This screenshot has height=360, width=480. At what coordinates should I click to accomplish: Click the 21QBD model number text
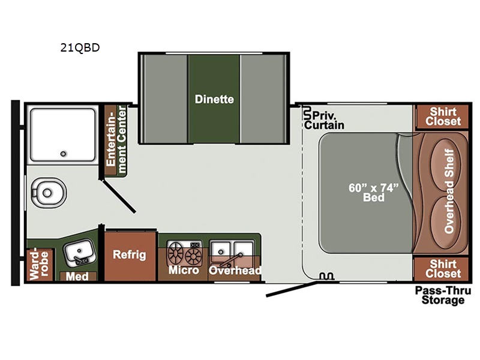coord(80,47)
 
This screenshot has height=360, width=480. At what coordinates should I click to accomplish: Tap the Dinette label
coord(214,99)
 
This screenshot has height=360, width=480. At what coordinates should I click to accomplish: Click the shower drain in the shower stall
coord(63,154)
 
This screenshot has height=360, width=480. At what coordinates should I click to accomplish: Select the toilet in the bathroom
coord(49,193)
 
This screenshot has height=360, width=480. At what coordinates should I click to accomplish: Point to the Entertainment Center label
coord(116,140)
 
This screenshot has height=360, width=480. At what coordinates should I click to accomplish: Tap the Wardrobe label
coord(39,265)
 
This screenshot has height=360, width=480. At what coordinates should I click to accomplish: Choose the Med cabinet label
coord(77,277)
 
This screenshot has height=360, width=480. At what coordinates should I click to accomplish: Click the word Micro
coord(184,270)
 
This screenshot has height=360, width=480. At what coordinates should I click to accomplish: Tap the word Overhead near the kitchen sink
coord(235,270)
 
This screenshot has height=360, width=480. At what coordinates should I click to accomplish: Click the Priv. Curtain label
coord(324,121)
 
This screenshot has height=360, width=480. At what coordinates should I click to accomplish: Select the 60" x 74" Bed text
coord(373,193)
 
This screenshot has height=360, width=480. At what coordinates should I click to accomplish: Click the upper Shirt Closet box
coord(442,116)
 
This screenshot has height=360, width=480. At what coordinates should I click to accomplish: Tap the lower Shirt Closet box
coord(442,269)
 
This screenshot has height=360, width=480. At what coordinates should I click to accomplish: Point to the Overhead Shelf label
coord(449,191)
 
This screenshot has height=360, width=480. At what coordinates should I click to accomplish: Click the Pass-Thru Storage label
coord(443,295)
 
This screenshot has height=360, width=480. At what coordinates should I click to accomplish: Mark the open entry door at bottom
coord(292,289)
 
